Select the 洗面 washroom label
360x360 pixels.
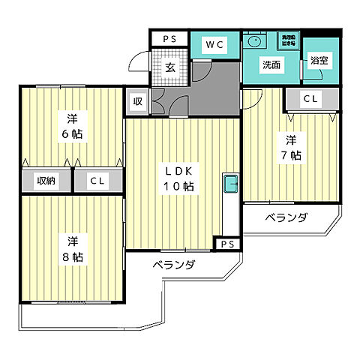point(271,65)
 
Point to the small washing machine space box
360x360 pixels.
point(288,40)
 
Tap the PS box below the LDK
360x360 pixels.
point(226,244)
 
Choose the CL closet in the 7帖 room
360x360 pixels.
point(310,99)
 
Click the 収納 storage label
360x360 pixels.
point(46,181)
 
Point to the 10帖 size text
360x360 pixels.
point(179,186)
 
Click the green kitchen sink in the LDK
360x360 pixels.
point(230,183)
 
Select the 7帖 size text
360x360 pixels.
point(291,156)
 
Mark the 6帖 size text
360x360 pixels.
point(73,134)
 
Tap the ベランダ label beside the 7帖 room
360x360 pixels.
point(286,217)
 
